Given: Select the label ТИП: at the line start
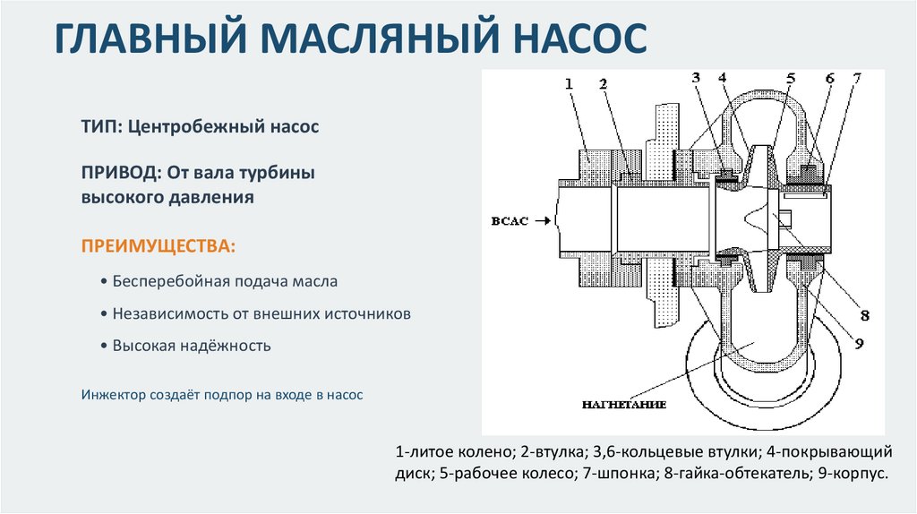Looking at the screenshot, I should [x=100, y=127].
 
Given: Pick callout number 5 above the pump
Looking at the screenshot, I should [x=790, y=79].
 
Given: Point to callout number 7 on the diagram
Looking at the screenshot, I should [x=857, y=79].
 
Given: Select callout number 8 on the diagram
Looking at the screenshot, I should [x=866, y=315].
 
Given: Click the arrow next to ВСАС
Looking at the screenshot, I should [x=542, y=220].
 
